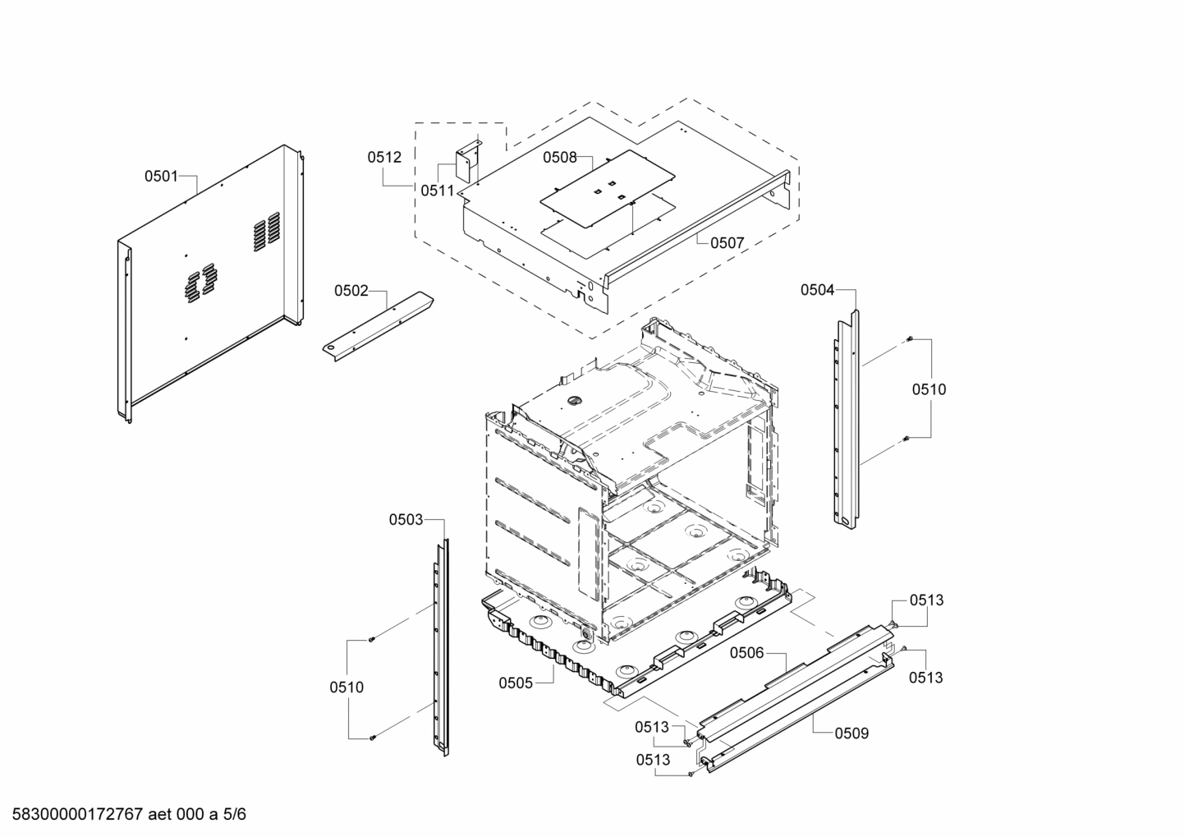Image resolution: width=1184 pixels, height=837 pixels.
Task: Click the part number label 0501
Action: (161, 176)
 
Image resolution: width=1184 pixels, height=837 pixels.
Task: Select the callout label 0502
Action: (351, 290)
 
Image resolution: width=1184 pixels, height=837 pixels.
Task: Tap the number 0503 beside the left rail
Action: (406, 519)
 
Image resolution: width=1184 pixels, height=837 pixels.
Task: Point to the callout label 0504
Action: (817, 289)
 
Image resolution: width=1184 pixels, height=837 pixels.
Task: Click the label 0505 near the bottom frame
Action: (516, 683)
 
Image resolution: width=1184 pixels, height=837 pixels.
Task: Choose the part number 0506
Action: (746, 653)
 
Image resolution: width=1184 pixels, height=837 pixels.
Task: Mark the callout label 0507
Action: (727, 242)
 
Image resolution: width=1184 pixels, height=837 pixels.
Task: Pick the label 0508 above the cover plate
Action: (559, 158)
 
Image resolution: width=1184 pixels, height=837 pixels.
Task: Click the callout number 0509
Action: (851, 734)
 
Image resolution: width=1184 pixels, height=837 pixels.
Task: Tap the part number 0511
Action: (437, 191)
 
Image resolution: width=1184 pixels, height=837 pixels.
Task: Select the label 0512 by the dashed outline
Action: (384, 157)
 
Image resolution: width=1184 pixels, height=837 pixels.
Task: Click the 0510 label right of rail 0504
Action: (929, 389)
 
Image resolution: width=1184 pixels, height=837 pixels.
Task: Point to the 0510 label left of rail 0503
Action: (346, 688)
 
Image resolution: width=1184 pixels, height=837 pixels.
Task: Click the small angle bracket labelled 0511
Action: (469, 161)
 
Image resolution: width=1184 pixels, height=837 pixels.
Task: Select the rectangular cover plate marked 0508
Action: (608, 189)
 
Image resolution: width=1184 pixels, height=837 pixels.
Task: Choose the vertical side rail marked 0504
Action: (847, 419)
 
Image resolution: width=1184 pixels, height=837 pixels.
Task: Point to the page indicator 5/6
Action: (234, 815)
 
